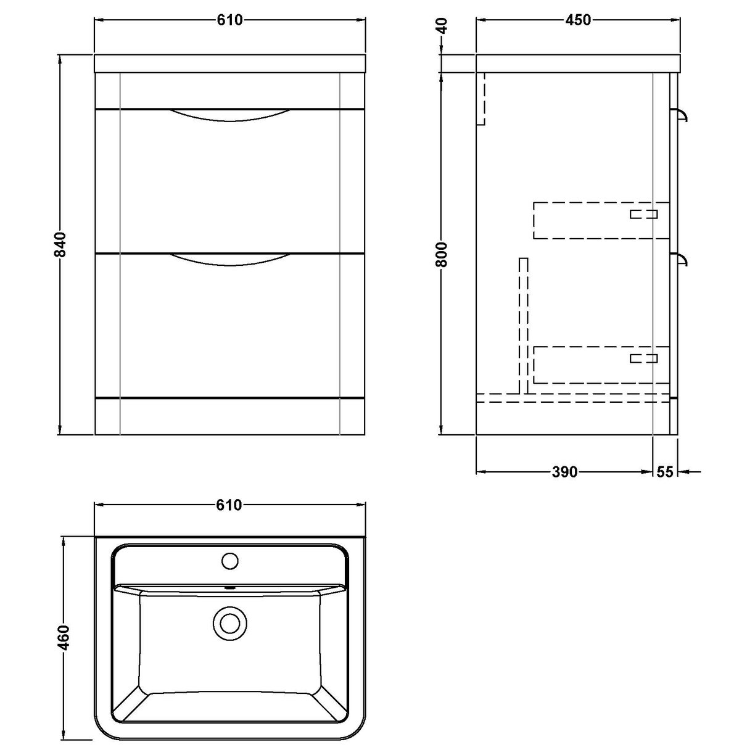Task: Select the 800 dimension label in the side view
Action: (x=442, y=254)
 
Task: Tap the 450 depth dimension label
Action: (x=578, y=20)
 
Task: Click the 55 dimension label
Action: (x=664, y=472)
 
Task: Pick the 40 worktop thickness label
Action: (x=442, y=27)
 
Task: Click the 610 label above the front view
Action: (x=229, y=20)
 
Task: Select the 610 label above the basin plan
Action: (x=229, y=506)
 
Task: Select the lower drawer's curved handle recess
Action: (x=229, y=260)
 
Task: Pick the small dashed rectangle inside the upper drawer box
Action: (x=644, y=214)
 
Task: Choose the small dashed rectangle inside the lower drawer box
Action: (x=644, y=358)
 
